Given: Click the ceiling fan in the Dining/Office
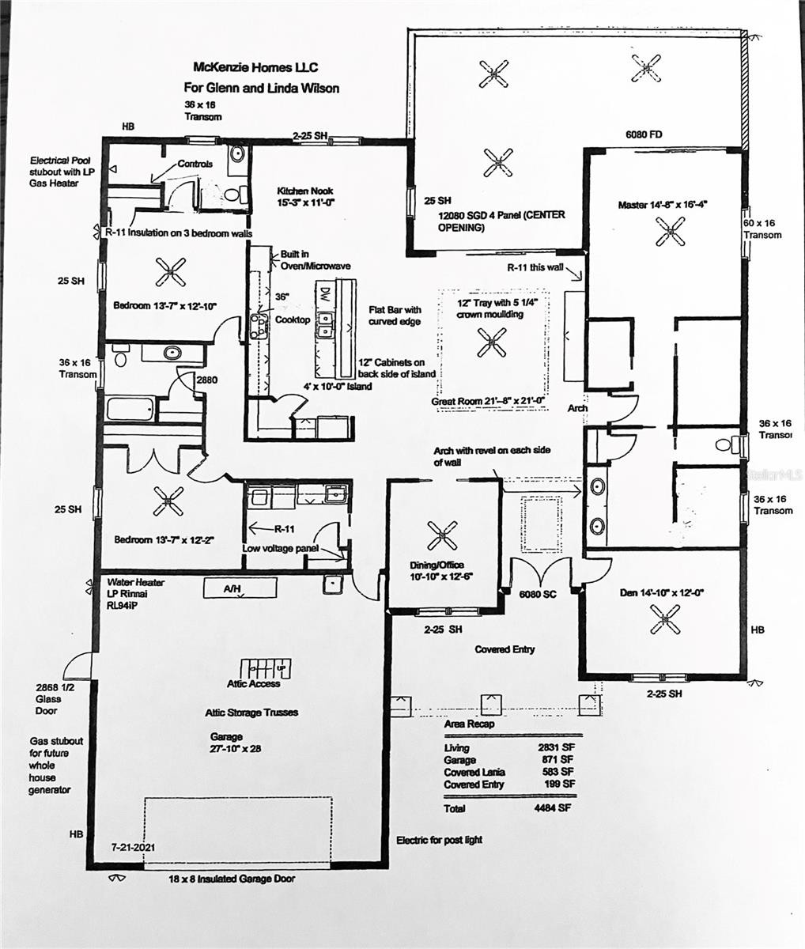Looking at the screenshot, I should tap(442, 535).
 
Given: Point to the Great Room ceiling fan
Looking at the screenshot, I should tap(492, 342).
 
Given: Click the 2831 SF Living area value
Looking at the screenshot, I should tap(555, 747).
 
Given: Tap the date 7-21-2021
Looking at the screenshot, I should tap(134, 846).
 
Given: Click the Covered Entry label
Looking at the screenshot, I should tap(505, 649).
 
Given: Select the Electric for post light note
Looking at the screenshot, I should tap(439, 840).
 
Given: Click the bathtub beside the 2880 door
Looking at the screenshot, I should tap(131, 409).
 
